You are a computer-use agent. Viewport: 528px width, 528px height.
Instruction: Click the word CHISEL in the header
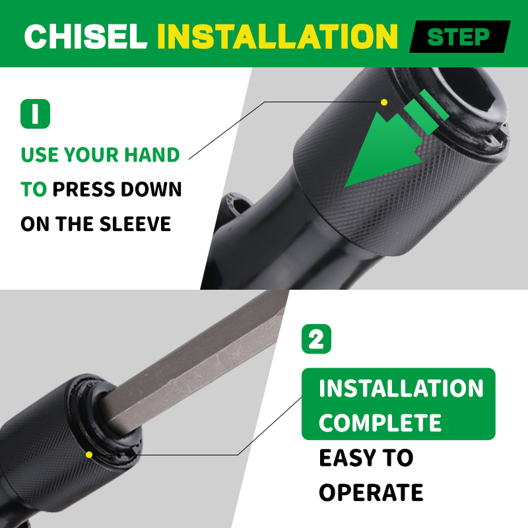(x=86, y=36)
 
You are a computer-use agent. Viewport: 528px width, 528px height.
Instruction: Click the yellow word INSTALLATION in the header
(x=277, y=36)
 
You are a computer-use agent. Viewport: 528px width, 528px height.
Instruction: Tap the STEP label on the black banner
(x=458, y=37)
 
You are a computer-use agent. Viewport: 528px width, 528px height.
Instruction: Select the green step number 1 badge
(x=36, y=114)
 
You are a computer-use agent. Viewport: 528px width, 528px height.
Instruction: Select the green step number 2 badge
(x=316, y=339)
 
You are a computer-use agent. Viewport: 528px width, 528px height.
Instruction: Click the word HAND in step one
(x=152, y=154)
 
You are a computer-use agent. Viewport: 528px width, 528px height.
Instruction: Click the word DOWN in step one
(x=151, y=189)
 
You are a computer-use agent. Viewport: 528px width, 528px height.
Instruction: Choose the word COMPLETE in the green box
(x=380, y=422)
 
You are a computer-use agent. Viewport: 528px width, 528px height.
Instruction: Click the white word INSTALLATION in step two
(x=401, y=388)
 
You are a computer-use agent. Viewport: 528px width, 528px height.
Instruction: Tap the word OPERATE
(x=371, y=492)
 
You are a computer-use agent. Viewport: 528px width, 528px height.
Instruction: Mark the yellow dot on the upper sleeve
(x=384, y=102)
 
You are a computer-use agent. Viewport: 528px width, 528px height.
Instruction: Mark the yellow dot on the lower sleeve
(x=89, y=455)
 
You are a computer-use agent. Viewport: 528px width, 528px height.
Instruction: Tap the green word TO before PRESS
(x=34, y=189)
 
